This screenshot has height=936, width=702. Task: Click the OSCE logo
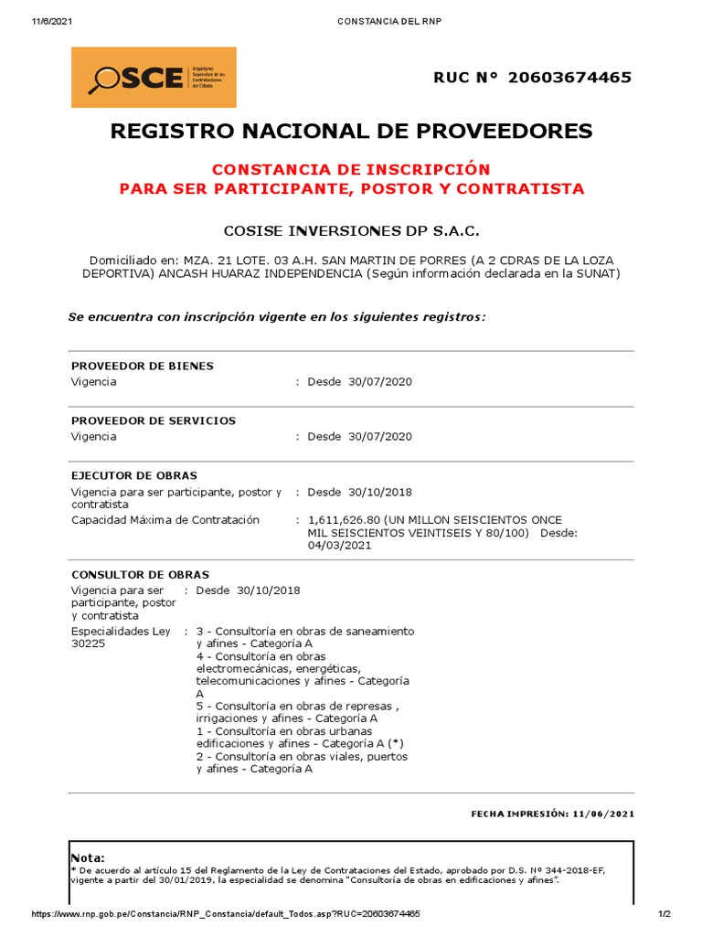[154, 78]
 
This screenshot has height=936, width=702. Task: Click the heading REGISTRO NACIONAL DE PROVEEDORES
[351, 131]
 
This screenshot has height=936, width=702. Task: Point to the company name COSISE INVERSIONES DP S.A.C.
[351, 229]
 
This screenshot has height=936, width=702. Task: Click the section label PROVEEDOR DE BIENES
[143, 366]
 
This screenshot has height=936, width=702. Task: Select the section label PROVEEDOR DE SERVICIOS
[154, 420]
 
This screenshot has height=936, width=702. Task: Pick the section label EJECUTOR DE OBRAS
[134, 475]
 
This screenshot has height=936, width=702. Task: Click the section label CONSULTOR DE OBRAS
[140, 574]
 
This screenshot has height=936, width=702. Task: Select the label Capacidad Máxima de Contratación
[165, 519]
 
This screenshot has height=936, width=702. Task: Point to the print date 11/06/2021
[604, 813]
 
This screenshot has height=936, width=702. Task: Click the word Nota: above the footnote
[88, 857]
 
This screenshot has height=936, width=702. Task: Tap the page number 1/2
[665, 914]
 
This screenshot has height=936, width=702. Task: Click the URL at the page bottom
[226, 914]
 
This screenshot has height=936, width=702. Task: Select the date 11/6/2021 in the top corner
[51, 22]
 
